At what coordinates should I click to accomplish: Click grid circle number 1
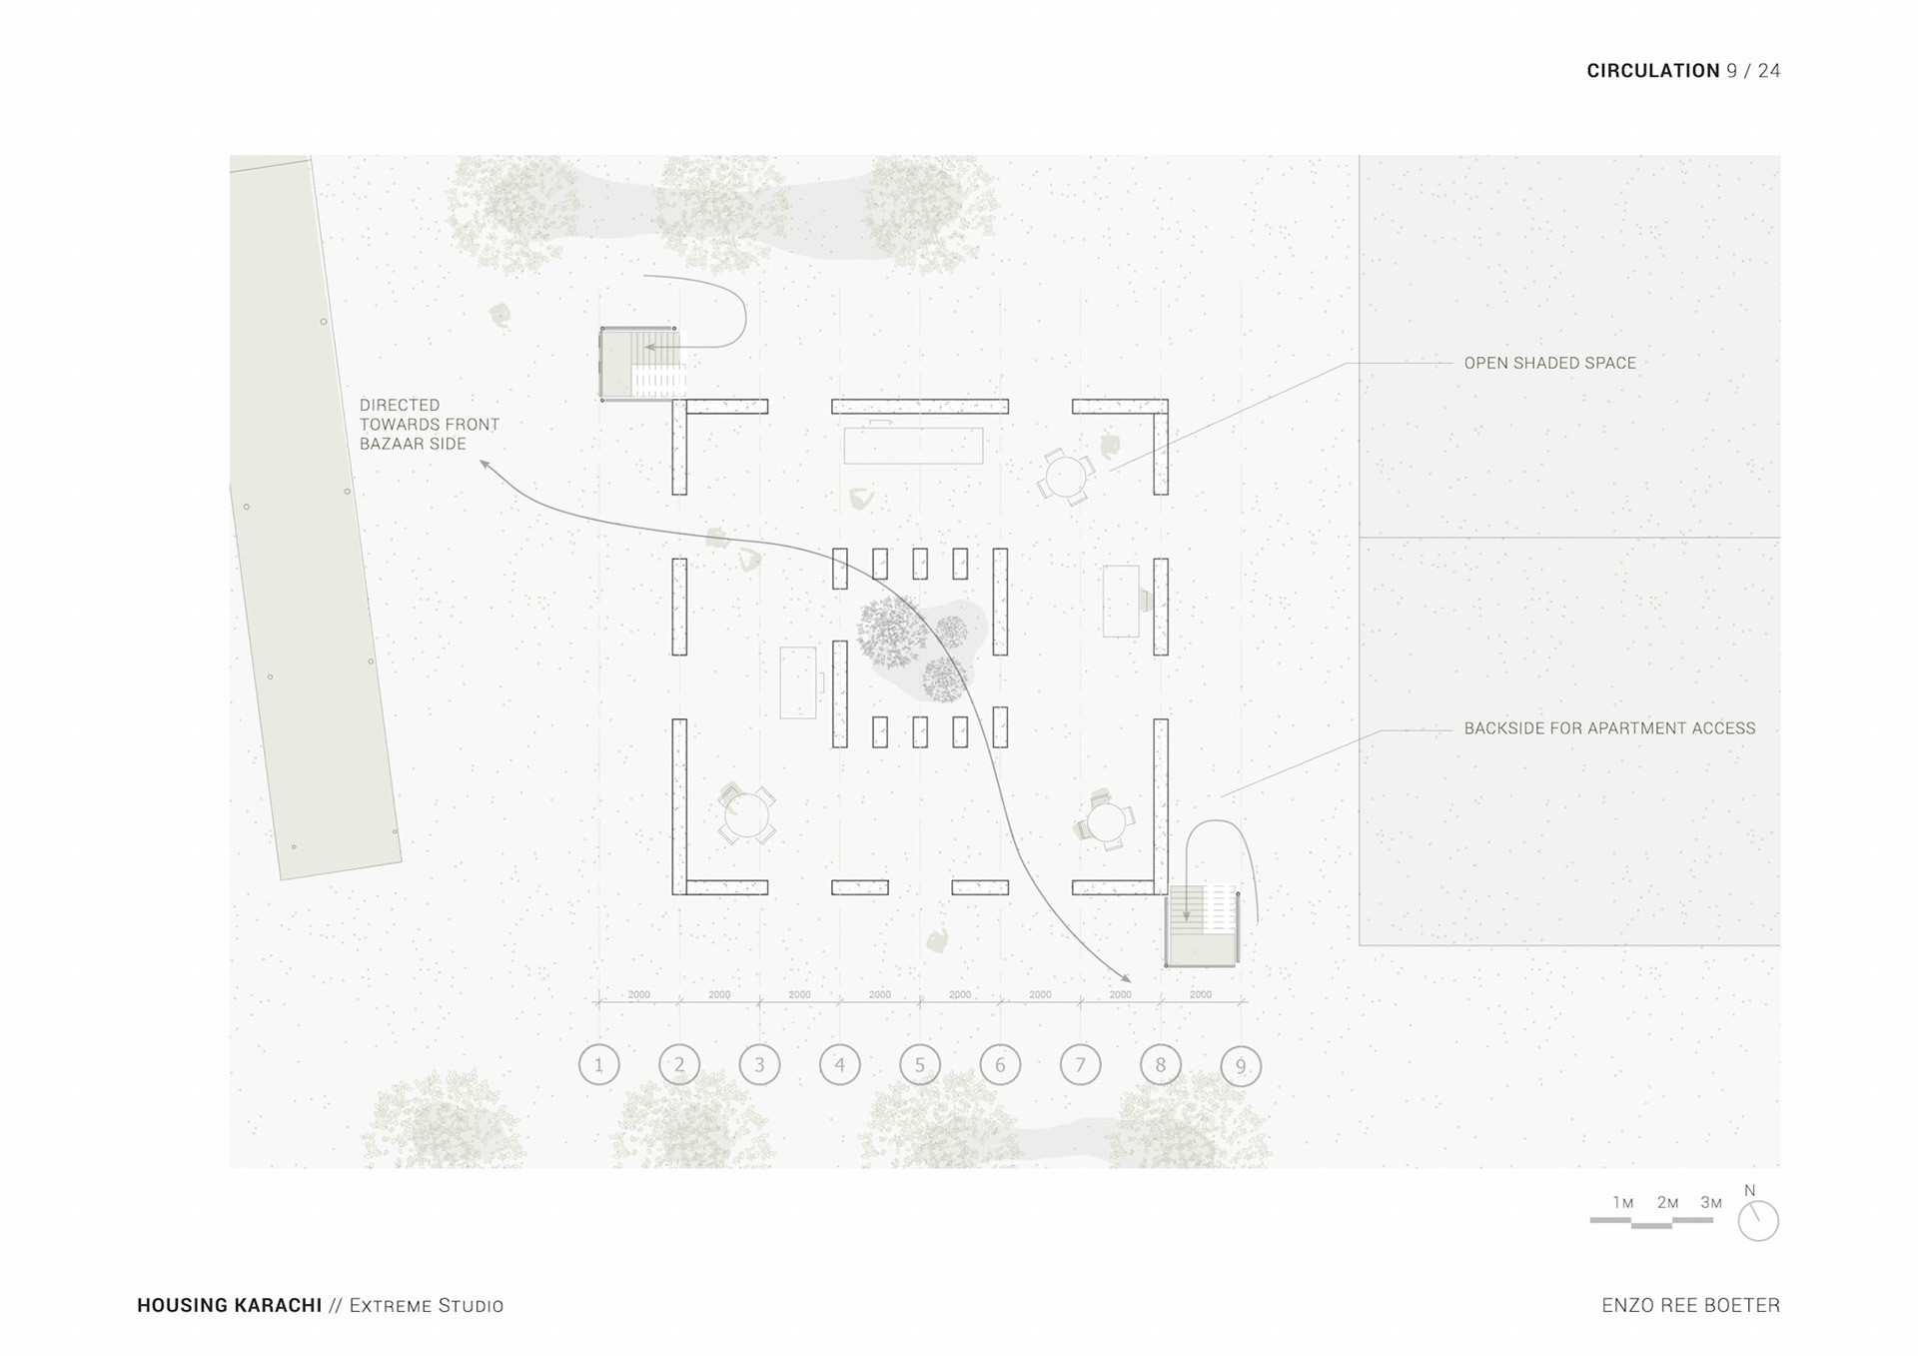coord(599,1065)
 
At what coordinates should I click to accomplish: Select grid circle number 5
coord(920,1065)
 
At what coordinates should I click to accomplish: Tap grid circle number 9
coord(1241,1066)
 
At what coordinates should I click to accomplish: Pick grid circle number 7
coord(1080,1065)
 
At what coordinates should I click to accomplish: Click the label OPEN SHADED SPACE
coord(1549,363)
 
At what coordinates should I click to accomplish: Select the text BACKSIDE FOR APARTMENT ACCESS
coord(1609,728)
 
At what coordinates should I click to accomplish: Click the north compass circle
coord(1758,1221)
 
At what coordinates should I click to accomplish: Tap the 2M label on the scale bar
coord(1667,1203)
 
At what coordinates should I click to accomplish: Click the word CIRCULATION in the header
coord(1652,71)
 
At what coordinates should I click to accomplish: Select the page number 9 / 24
coord(1753,71)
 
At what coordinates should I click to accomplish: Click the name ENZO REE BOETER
coord(1690,1305)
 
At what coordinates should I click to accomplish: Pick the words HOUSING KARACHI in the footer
coord(229,1305)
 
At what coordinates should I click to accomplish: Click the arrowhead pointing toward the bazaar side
coord(484,465)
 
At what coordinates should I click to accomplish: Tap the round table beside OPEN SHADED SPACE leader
coord(1066,476)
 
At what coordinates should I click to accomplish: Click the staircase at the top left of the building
coord(641,364)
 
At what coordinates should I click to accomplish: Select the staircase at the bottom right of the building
coord(1203,925)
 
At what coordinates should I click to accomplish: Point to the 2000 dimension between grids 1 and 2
coord(638,994)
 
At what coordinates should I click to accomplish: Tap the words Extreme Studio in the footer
coord(427,1305)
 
